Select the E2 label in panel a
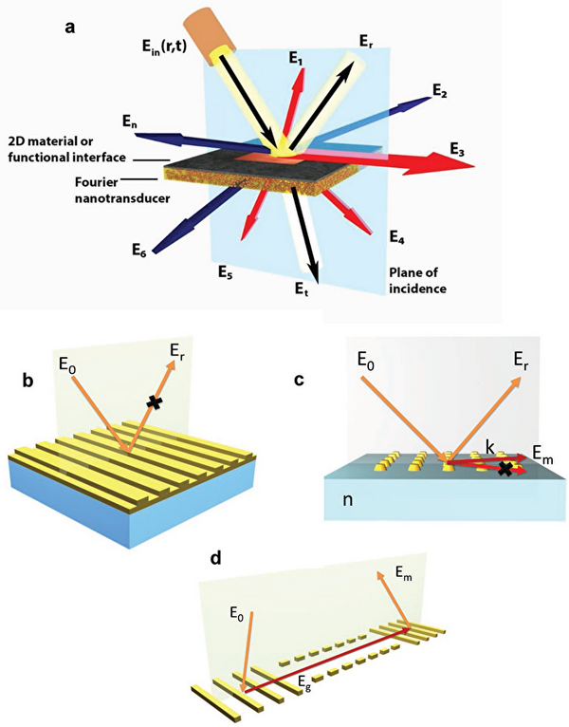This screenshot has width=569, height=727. (439, 91)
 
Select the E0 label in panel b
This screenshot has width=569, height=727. (77, 360)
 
